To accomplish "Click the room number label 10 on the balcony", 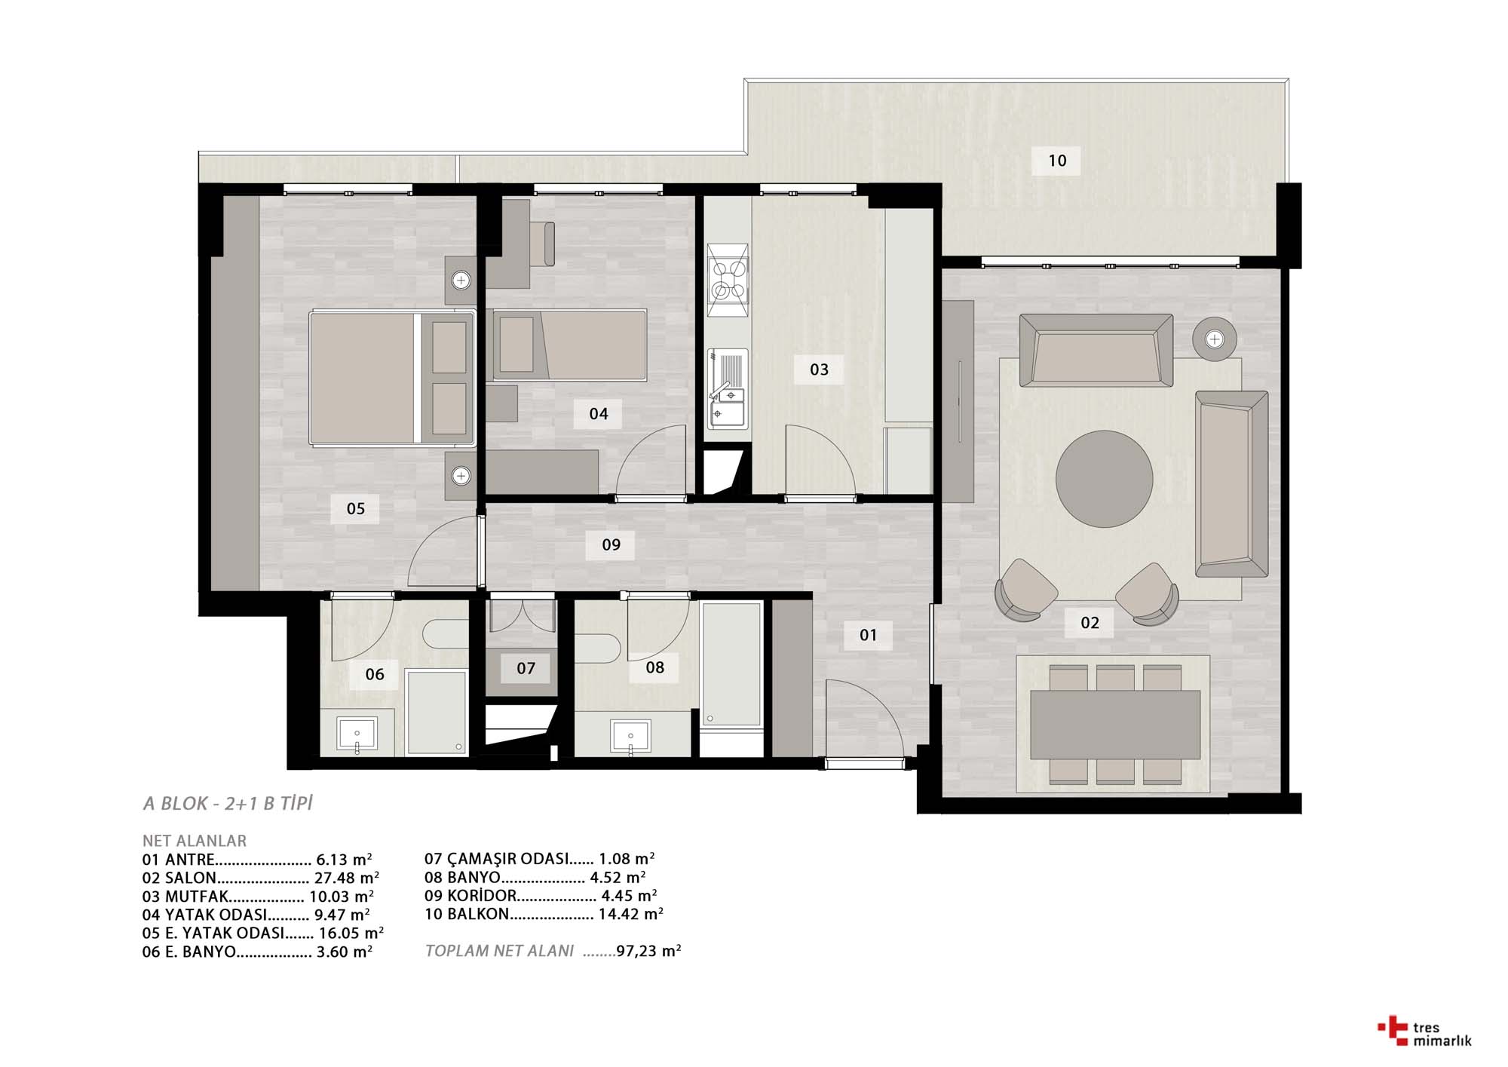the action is (x=1057, y=161).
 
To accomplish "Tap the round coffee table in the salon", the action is (x=1104, y=479).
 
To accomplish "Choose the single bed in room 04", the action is (x=570, y=345).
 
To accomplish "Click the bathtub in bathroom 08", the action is (x=731, y=664).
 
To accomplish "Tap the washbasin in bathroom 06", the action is (x=357, y=735).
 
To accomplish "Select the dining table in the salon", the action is (x=1115, y=725).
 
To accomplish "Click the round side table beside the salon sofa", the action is (x=1215, y=339).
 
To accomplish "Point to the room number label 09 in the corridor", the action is (x=611, y=544).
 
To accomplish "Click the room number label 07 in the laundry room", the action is (x=526, y=668).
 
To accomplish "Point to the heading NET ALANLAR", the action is (x=195, y=841).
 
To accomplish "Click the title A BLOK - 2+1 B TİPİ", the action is (x=228, y=804).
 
